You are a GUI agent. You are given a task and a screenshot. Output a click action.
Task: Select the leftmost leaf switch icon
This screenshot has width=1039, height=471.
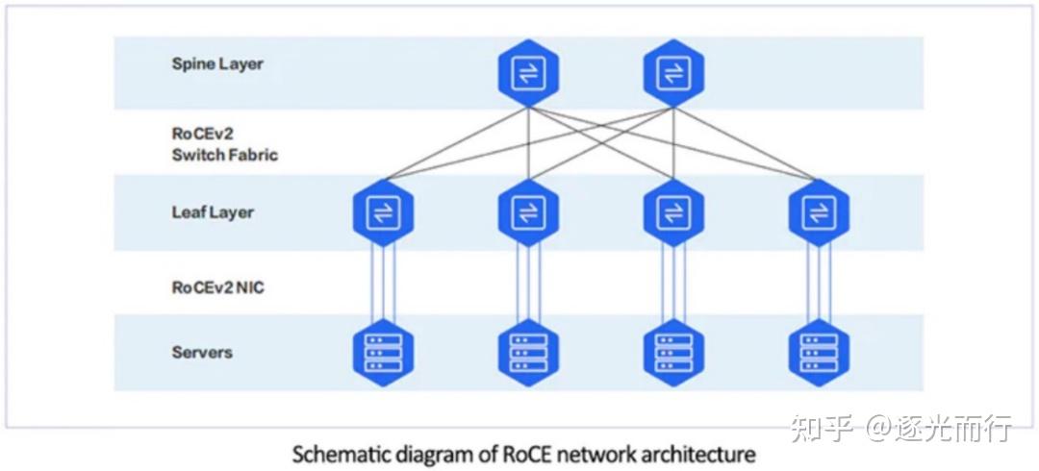click(383, 212)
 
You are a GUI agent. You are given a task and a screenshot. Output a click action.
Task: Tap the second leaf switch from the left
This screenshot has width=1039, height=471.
click(528, 212)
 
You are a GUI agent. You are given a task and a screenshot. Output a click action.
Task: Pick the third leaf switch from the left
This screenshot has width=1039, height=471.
click(672, 212)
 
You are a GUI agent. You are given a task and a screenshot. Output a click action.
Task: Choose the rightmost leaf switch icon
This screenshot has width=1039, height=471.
click(818, 212)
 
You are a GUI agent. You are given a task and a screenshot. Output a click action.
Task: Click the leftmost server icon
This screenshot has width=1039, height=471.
click(383, 353)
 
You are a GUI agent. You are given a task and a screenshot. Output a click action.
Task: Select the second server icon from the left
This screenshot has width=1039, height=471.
click(528, 353)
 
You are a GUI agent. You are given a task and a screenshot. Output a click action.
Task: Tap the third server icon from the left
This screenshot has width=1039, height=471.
click(672, 353)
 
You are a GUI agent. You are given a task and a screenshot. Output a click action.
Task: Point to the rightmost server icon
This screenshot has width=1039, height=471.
click(818, 353)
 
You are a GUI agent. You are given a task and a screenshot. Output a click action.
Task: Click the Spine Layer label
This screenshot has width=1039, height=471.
click(217, 64)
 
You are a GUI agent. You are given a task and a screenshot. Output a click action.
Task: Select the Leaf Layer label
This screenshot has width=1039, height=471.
click(213, 212)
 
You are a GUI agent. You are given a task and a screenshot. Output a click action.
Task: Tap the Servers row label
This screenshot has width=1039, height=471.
click(202, 352)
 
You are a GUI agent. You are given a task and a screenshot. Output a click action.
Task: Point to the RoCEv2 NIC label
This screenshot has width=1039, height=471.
click(217, 286)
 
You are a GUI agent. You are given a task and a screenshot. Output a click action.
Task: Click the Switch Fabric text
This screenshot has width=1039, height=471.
click(225, 155)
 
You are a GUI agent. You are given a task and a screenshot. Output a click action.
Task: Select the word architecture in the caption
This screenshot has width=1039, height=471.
click(706, 452)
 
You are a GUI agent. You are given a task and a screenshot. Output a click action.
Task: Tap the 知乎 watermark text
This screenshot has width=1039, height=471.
click(822, 429)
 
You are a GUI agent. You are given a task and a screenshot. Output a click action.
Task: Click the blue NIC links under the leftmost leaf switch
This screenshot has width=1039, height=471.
click(383, 284)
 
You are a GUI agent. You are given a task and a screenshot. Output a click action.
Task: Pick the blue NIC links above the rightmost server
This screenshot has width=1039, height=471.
click(818, 284)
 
